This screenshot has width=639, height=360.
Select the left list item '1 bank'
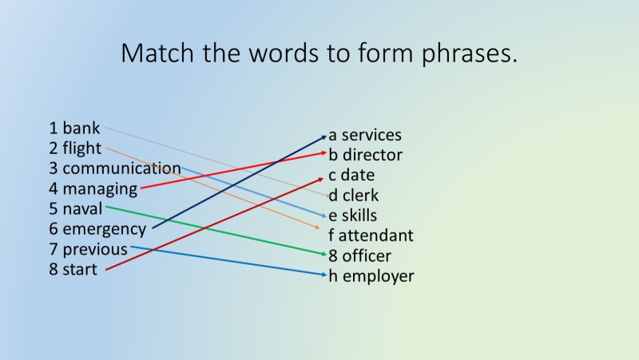click(74, 128)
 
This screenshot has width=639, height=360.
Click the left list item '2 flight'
click(75, 148)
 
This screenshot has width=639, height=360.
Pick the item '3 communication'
click(114, 168)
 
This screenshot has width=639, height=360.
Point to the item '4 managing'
click(93, 189)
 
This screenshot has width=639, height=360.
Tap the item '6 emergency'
click(97, 230)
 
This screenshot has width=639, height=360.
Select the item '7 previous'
click(88, 250)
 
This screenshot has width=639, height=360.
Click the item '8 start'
click(73, 270)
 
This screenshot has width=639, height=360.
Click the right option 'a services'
click(365, 135)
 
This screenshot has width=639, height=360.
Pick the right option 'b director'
click(365, 155)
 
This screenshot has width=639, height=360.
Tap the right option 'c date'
click(351, 175)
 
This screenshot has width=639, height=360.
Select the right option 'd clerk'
click(354, 196)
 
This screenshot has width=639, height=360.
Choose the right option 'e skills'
click(353, 216)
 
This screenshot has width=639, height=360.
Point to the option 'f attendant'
click(371, 235)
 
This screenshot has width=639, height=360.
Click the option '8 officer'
click(360, 256)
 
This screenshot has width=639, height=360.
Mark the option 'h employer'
click(371, 276)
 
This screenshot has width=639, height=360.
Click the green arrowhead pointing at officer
click(324, 256)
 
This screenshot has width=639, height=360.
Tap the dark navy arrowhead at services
click(324, 136)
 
